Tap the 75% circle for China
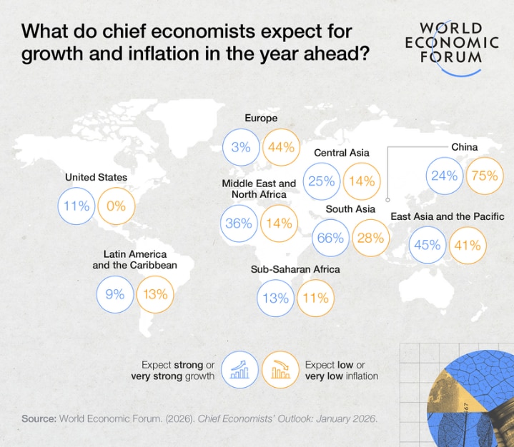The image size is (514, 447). (x=484, y=175)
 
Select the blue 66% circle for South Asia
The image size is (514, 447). (x=330, y=238)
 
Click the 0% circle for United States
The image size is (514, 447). (x=116, y=206)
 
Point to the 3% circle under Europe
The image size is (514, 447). (x=240, y=147)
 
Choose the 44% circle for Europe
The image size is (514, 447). (x=280, y=147)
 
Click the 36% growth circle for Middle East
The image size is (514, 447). (x=239, y=223)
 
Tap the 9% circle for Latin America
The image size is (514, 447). (x=116, y=293)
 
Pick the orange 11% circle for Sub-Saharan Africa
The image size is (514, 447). (x=315, y=298)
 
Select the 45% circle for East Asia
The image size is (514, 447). (x=427, y=244)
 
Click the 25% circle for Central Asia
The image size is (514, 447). (x=322, y=181)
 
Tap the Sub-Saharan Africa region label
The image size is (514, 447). (x=295, y=270)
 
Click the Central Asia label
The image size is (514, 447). (x=342, y=153)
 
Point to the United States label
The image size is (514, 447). (x=96, y=177)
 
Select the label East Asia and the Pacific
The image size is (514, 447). (x=448, y=216)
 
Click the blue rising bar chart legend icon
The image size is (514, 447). (x=239, y=368)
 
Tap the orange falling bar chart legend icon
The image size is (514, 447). (x=280, y=368)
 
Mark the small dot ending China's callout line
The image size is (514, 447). (x=387, y=201)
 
